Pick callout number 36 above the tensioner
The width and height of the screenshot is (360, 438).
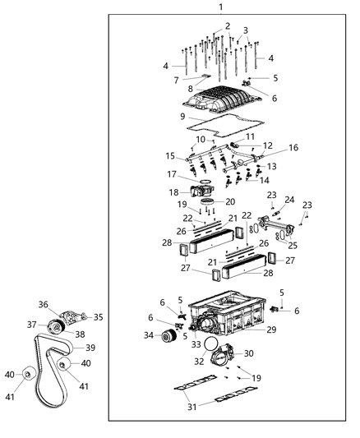point(43,304)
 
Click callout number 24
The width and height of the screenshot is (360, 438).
point(289,200)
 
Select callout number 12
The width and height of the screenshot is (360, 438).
point(268,145)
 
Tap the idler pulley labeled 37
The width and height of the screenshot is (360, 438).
point(57,325)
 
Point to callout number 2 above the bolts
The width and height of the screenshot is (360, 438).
point(228,26)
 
